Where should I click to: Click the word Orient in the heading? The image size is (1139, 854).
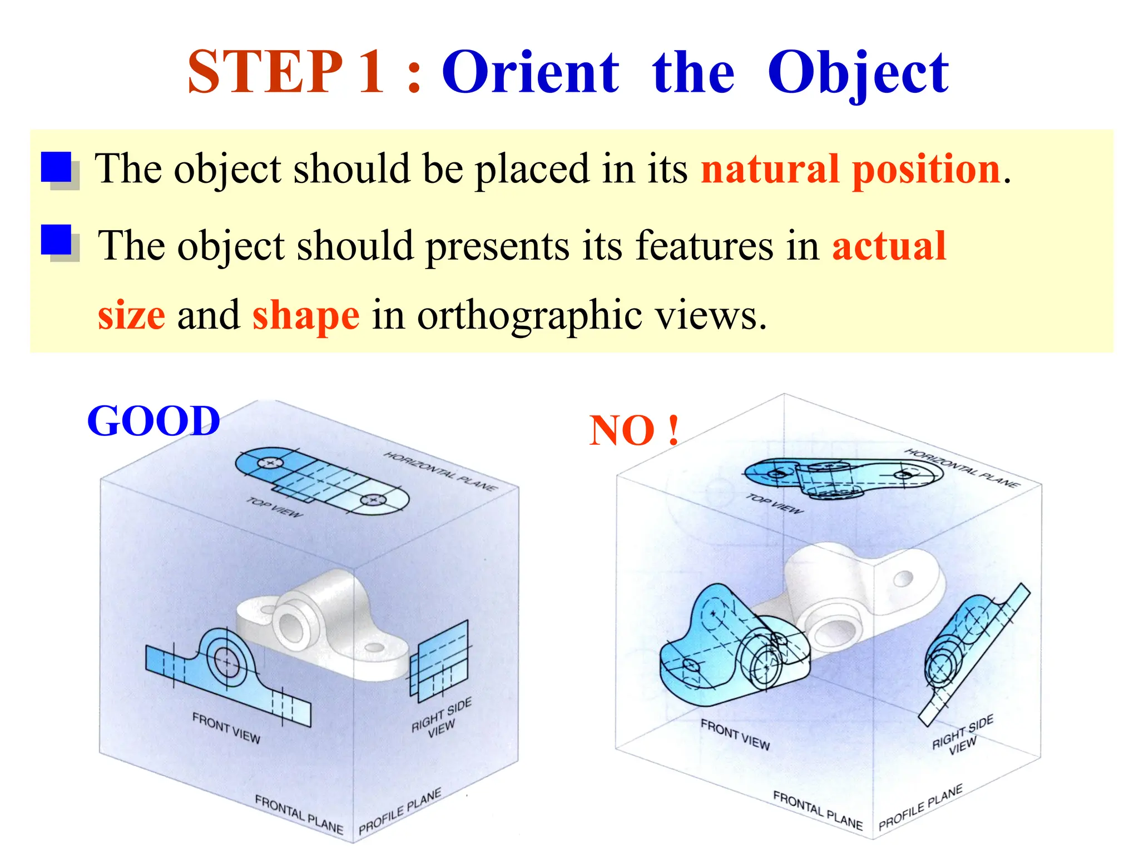click(x=530, y=72)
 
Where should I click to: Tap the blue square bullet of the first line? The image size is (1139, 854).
click(x=57, y=167)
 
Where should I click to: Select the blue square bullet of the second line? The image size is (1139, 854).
click(x=57, y=240)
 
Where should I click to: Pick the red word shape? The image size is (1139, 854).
click(x=306, y=315)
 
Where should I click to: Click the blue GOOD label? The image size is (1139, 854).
click(x=153, y=421)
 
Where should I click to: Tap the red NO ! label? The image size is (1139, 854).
click(x=634, y=430)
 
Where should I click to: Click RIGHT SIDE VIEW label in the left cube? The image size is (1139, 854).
click(x=442, y=717)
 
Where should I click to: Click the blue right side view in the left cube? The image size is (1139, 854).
click(x=439, y=662)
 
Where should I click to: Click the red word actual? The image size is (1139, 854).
click(x=889, y=246)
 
